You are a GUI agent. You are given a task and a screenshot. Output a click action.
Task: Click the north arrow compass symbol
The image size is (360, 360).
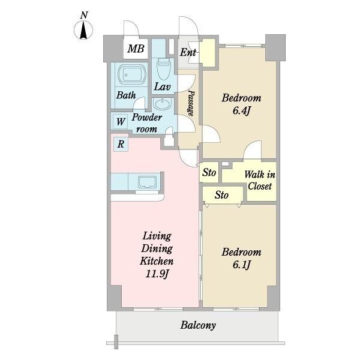[x=83, y=30]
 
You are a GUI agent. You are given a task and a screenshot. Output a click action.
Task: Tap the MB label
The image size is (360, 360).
[x=136, y=49]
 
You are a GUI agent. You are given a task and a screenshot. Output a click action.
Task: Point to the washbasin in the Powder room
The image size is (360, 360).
[x=163, y=104]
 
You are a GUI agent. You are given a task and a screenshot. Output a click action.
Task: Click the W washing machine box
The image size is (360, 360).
[x=121, y=122]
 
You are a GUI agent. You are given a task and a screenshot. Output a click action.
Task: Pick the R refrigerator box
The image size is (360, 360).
[x=121, y=144]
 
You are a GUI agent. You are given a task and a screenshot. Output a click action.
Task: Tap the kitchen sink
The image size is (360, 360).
[x=148, y=182]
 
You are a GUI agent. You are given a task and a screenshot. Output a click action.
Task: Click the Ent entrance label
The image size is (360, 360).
[x=188, y=53]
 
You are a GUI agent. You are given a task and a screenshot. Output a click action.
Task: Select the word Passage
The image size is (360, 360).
[x=191, y=103]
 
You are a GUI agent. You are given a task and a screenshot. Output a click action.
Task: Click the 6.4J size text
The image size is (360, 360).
[x=241, y=111]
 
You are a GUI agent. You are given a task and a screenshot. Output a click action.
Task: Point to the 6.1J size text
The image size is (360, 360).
[x=241, y=265]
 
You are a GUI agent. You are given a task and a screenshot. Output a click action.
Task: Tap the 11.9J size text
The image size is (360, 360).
[x=157, y=274]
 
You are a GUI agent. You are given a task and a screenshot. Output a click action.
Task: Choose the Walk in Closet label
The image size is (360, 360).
[x=260, y=181]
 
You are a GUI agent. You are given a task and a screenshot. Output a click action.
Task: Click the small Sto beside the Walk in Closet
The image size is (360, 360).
[x=209, y=173]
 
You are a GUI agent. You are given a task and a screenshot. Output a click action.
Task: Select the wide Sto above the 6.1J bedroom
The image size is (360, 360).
[x=221, y=195]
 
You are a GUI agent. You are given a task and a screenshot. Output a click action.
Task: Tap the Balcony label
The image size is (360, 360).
[x=198, y=325]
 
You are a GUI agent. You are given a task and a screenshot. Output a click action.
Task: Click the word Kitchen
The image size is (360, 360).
[x=157, y=261]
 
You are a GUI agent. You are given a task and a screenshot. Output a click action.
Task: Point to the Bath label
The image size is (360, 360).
[x=126, y=95]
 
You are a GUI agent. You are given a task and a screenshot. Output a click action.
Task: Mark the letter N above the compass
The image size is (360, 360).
[x=84, y=16]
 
